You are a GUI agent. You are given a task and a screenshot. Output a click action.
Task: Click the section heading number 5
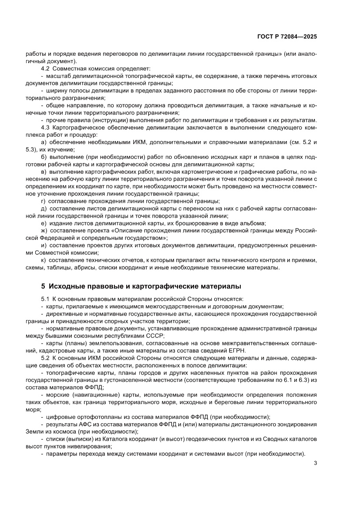pos(43,287)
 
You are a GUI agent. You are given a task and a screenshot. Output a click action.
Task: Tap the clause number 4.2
pos(45,69)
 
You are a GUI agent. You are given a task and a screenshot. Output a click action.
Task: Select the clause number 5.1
pos(45,299)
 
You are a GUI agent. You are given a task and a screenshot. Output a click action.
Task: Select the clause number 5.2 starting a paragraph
pos(45,358)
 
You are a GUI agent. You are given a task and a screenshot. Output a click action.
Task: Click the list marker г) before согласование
pos(43,201)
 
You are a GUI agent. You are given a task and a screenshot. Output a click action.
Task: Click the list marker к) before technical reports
pos(43,260)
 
